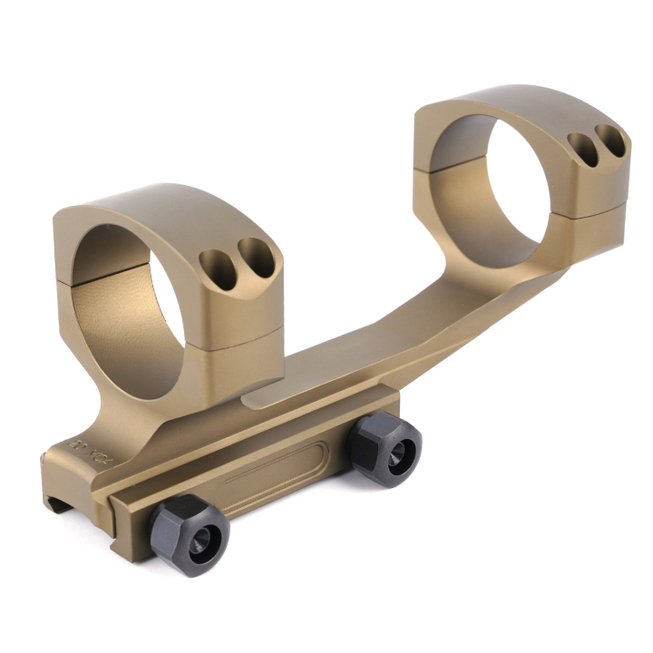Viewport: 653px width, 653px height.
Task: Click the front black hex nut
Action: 190,534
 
